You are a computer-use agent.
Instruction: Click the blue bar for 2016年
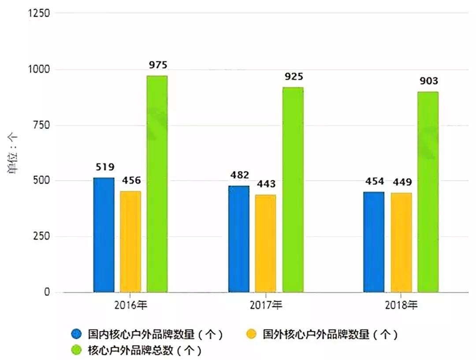pyautogui.click(x=104, y=235)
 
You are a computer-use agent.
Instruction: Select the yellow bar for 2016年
pyautogui.click(x=130, y=241)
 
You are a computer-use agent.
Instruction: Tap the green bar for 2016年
pyautogui.click(x=157, y=184)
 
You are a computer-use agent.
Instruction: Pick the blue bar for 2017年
pyautogui.click(x=239, y=239)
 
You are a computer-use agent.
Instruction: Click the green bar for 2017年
pyautogui.click(x=293, y=189)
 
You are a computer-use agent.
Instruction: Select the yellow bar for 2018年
pyautogui.click(x=401, y=242)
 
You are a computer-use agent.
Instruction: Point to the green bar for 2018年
pyautogui.click(x=428, y=192)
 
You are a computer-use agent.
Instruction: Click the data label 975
pyautogui.click(x=158, y=65)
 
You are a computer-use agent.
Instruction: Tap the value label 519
pyautogui.click(x=104, y=167)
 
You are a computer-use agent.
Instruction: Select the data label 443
pyautogui.click(x=266, y=184)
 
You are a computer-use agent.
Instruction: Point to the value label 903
pyautogui.click(x=428, y=81)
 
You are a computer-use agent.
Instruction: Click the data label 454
pyautogui.click(x=374, y=181)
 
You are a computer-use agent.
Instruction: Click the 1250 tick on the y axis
pyautogui.click(x=39, y=14)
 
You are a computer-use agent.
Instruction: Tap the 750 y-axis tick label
pyautogui.click(x=42, y=125)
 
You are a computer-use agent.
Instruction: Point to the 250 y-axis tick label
pyautogui.click(x=42, y=237)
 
